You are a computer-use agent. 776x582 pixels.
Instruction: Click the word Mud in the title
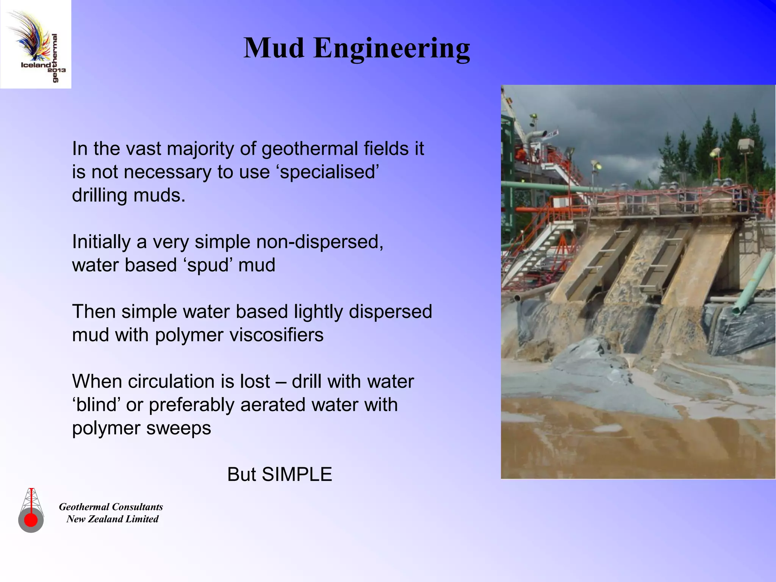point(274,48)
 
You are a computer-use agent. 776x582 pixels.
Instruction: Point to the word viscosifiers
point(278,335)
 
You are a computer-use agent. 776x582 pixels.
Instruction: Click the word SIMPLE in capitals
point(297,475)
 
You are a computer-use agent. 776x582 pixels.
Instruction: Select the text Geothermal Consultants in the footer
point(111,507)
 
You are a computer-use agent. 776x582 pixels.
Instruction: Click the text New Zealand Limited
point(112,519)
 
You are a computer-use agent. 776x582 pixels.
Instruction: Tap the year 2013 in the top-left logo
point(57,70)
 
